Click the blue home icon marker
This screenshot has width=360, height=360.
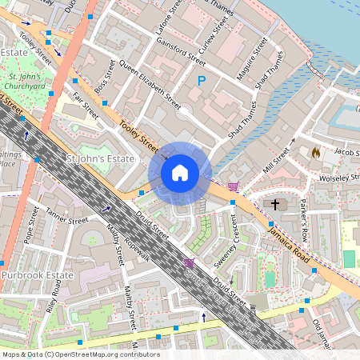coord(180,173)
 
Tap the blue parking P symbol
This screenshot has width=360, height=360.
coord(202,81)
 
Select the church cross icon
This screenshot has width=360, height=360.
coord(276,205)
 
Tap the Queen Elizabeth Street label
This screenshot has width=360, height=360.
coord(150,82)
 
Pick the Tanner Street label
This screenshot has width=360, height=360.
coord(66,216)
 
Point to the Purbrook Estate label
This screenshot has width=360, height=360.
coord(37,275)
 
